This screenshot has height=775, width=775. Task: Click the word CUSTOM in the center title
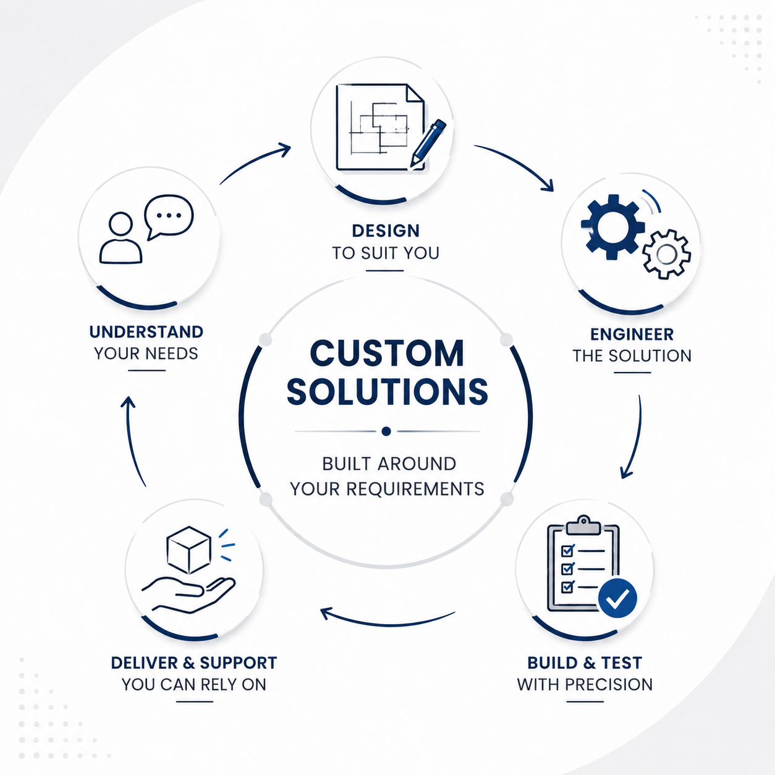387,353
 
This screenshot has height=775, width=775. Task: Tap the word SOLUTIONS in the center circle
387,391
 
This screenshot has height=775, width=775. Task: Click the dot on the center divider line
386,431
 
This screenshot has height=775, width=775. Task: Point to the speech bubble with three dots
169,217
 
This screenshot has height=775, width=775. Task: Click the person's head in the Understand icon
121,224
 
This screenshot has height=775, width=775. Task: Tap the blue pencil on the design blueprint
428,143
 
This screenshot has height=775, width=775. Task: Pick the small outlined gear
666,254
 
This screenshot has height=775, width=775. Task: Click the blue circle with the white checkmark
617,598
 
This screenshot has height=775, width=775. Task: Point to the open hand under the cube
188,595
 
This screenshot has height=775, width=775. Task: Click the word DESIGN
386,231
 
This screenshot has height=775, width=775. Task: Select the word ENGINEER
632,334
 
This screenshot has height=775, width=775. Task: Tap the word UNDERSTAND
146,332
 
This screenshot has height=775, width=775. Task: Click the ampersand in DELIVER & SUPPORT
188,663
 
